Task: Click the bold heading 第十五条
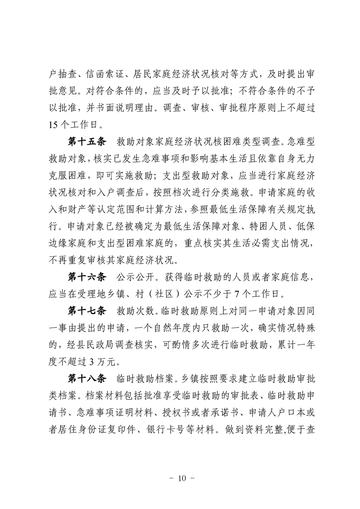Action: tap(86, 142)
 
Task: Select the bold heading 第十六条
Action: tap(86, 277)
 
